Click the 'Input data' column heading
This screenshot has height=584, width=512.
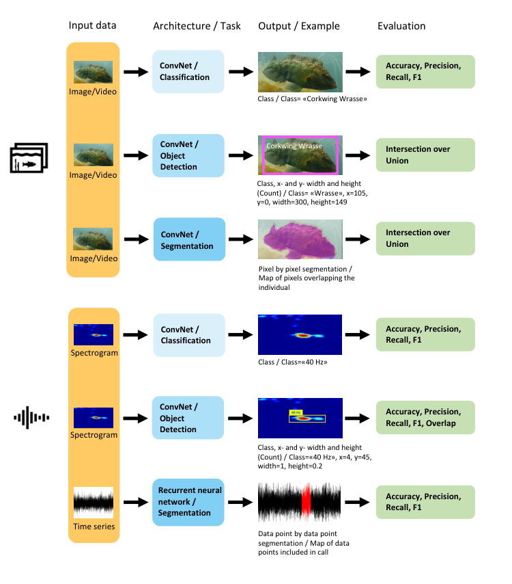(92, 25)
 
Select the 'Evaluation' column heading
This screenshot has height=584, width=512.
(401, 26)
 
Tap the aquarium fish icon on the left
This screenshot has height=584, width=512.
(29, 158)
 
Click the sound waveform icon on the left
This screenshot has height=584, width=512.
(31, 418)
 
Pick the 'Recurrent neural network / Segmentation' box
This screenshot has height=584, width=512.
(188, 502)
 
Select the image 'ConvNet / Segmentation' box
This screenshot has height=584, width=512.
(189, 239)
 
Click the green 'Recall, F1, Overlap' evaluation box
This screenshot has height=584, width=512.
(425, 418)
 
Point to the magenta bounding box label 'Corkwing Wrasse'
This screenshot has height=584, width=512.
(294, 146)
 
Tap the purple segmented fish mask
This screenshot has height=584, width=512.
(300, 239)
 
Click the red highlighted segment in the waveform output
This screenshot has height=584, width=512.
(306, 502)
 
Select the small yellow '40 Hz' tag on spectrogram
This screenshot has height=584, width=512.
(296, 412)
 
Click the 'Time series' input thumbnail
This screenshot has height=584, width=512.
(94, 503)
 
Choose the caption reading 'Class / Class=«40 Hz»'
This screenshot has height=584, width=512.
(293, 362)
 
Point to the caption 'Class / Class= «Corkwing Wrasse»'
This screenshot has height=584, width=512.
(313, 98)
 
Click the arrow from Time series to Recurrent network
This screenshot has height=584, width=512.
(136, 502)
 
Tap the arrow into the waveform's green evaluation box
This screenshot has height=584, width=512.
(357, 502)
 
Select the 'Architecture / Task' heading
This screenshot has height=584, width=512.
(197, 26)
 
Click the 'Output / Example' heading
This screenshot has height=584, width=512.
(299, 26)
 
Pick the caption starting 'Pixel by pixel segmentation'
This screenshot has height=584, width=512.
(307, 278)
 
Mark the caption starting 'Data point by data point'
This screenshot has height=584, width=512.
(304, 543)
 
